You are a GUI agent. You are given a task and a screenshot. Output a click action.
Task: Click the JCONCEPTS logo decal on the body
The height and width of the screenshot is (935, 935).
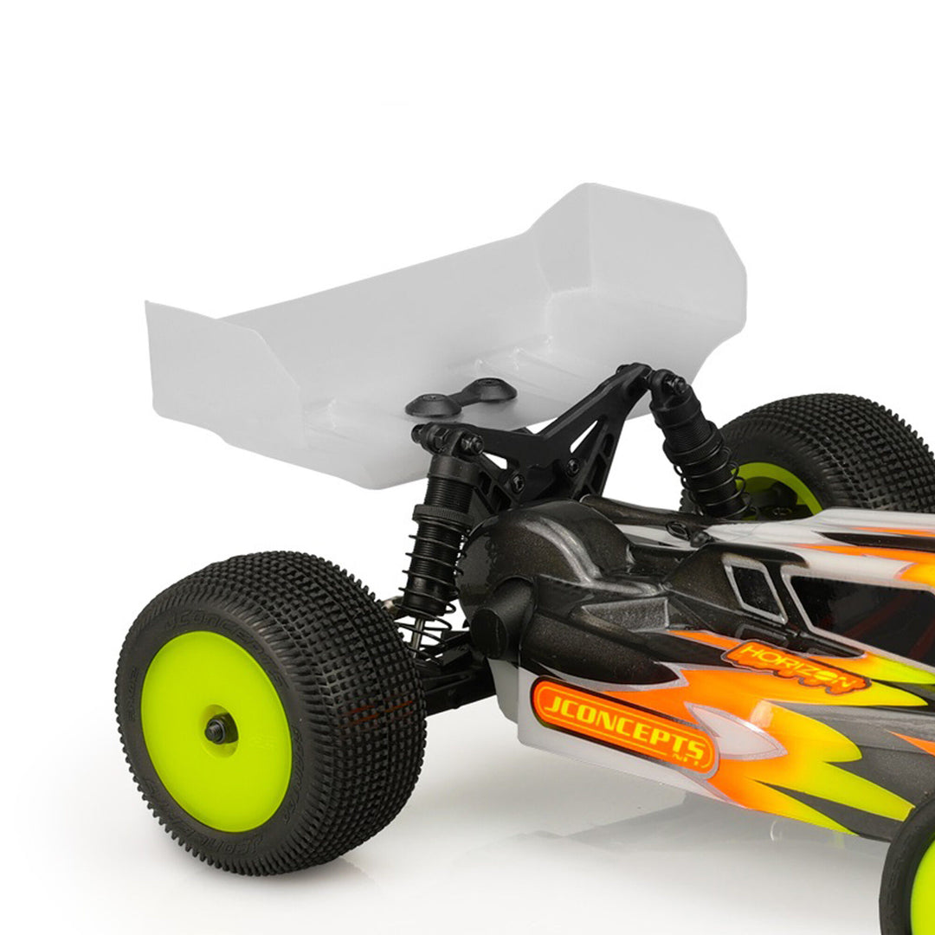623,725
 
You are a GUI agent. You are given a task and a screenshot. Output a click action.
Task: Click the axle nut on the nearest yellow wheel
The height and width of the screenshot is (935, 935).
218,730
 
